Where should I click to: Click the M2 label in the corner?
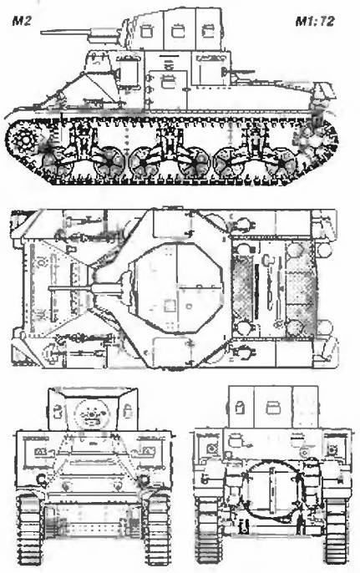point(21,21)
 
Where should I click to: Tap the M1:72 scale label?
point(315,22)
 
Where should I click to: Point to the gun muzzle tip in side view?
point(42,33)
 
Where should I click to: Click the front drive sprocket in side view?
point(25,139)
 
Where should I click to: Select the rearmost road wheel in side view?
point(281,164)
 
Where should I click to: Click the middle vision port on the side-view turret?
point(178,31)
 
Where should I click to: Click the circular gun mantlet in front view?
point(92,414)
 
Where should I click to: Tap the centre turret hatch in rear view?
point(272,407)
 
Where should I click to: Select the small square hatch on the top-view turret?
point(170,305)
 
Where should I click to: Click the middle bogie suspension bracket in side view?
point(169,140)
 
